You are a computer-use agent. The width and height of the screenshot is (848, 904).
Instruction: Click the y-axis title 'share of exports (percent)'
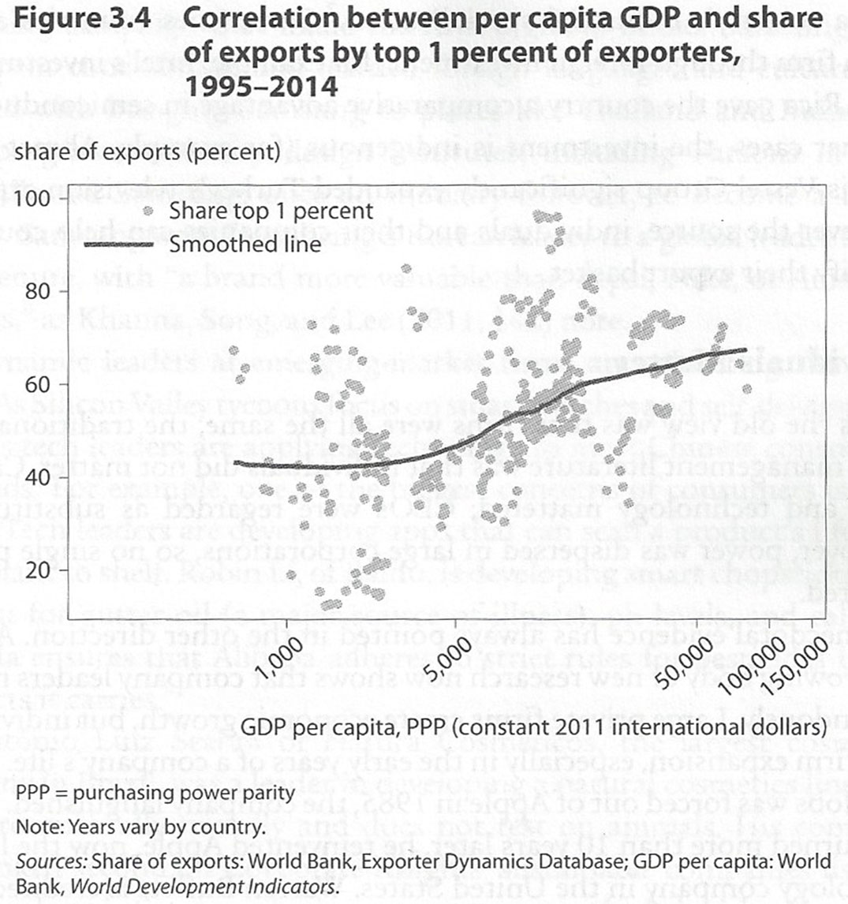(147, 151)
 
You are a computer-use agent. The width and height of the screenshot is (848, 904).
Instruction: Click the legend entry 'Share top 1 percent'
(271, 211)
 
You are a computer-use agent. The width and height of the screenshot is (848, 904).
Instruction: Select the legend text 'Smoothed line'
(245, 244)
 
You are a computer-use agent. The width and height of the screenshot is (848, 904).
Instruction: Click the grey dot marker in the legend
(147, 211)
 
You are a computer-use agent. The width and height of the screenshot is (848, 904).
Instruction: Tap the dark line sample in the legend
(118, 245)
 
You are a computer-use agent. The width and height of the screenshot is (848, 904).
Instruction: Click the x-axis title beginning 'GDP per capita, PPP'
(533, 724)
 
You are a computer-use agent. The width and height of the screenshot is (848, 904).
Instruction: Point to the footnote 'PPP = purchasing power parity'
(155, 793)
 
